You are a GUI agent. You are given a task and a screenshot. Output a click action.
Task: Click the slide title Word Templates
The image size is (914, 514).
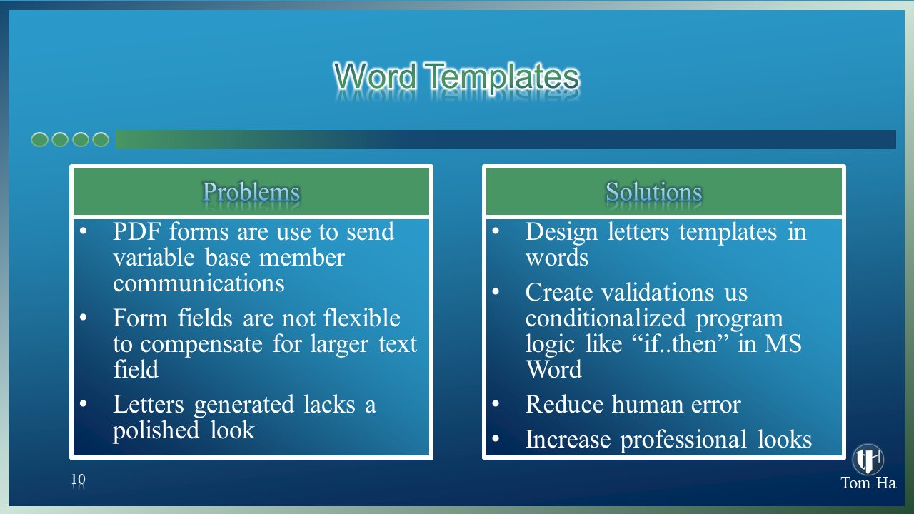[x=456, y=76]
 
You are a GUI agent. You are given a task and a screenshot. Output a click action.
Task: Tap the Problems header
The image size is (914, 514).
[x=251, y=192]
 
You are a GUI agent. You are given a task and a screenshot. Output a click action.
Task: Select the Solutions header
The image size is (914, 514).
[x=653, y=192]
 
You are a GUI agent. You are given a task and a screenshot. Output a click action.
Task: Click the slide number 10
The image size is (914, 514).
[x=79, y=479]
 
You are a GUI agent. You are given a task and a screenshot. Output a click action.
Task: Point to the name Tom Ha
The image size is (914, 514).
[x=868, y=483]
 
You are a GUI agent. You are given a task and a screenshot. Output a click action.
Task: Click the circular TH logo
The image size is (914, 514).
[x=868, y=459]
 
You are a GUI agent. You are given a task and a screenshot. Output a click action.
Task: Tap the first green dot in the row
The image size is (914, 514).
[x=39, y=139]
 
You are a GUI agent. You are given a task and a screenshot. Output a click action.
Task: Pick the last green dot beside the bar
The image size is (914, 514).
[x=101, y=139]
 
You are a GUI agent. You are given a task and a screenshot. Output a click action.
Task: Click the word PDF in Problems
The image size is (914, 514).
[x=136, y=232]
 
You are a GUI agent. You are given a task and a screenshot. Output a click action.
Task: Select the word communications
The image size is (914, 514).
[x=199, y=283]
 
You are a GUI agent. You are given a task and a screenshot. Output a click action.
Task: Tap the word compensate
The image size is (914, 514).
[x=201, y=345]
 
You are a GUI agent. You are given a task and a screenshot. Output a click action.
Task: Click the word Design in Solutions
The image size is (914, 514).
[x=561, y=233]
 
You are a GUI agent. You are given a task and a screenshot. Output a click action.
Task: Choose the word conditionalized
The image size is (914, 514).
[x=605, y=318]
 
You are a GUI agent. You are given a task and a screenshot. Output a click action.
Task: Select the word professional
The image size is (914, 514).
[x=683, y=440]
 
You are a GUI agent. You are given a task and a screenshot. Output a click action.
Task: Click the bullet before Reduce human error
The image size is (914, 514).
[x=496, y=404]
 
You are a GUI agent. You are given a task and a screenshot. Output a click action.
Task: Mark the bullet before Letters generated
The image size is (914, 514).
[x=84, y=404]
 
